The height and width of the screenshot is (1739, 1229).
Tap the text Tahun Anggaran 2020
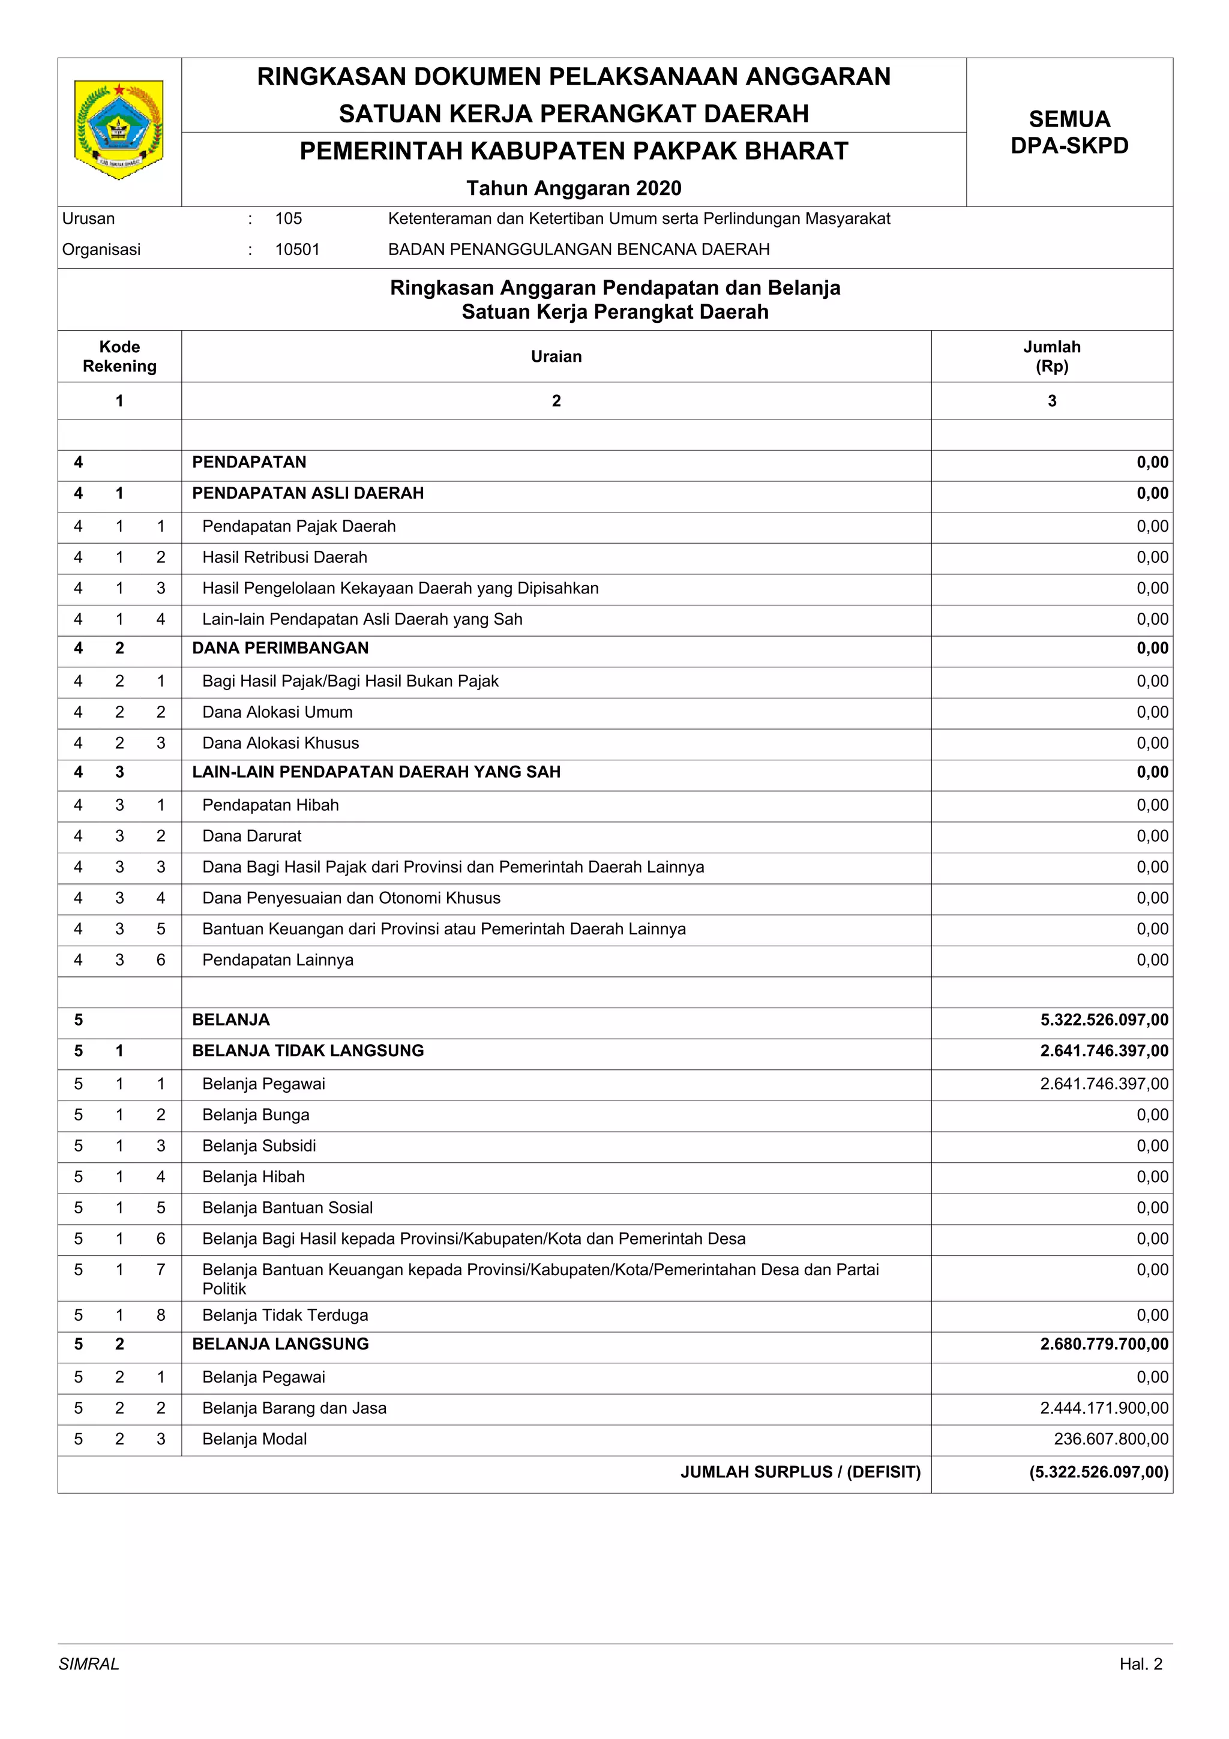tap(573, 188)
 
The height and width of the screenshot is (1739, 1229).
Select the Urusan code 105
tap(288, 219)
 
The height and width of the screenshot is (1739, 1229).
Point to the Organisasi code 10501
tap(297, 250)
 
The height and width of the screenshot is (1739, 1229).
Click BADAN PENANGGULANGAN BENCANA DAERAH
tap(578, 250)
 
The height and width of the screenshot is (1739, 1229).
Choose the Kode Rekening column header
tap(119, 356)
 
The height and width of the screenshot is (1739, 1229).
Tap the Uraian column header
tap(556, 356)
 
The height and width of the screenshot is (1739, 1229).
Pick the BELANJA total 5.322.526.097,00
tap(1104, 1020)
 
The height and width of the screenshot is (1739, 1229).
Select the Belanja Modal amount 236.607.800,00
tap(1110, 1439)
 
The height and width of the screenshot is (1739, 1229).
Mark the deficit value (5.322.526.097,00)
tap(1098, 1473)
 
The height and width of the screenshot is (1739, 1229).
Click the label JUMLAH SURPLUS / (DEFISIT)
tap(800, 1473)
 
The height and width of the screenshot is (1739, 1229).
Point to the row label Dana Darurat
tap(251, 836)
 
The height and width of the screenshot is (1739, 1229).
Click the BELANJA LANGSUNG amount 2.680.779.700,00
tap(1104, 1344)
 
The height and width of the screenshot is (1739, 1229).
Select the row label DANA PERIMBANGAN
tap(280, 648)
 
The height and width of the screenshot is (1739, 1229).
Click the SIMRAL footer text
tap(89, 1664)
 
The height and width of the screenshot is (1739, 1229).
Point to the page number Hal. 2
tap(1140, 1664)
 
